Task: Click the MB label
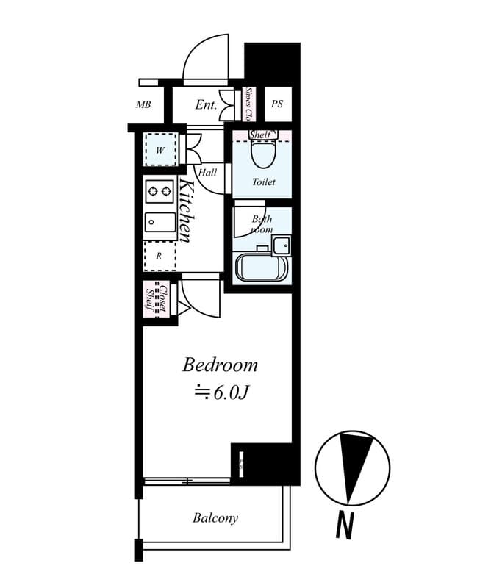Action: [x=143, y=104]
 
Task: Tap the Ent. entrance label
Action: [x=206, y=105]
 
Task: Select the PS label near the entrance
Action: [x=277, y=104]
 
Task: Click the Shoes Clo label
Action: [x=249, y=104]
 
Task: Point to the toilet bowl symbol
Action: [x=261, y=154]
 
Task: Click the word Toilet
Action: [x=263, y=182]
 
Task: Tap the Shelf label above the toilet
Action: [x=260, y=135]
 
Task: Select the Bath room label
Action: [x=262, y=223]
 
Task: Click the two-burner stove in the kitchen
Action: [x=160, y=192]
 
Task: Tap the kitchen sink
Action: [x=160, y=222]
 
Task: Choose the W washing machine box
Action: [x=160, y=151]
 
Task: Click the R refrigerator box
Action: [x=160, y=256]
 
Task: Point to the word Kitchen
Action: [x=186, y=210]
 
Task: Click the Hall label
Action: [x=207, y=173]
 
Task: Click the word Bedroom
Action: [x=221, y=365]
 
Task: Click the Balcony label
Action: [x=215, y=518]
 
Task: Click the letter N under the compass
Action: [x=343, y=526]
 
